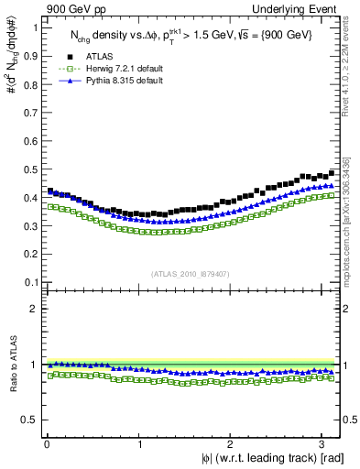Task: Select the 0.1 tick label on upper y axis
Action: tap(29, 281)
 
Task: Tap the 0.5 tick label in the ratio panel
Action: tap(29, 420)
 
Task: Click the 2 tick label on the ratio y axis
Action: tap(34, 309)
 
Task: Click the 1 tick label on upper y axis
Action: tap(34, 27)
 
